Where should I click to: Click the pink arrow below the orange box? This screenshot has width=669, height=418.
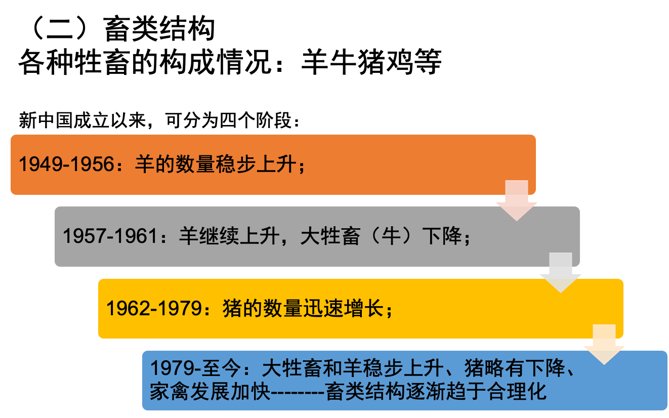[x=516, y=200]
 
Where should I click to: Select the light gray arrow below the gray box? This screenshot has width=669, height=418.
[x=560, y=273]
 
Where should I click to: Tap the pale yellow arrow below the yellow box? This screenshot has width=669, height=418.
[x=604, y=345]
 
